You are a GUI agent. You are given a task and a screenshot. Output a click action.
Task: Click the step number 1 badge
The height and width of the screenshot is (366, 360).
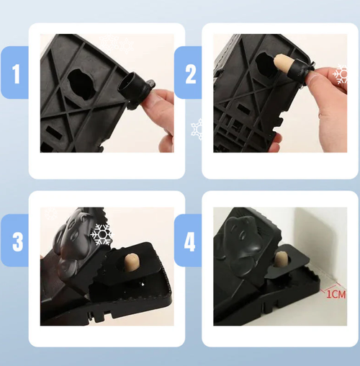pos(14,73)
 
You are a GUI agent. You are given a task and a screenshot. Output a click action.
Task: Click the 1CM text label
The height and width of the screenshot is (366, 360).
pos(335,293)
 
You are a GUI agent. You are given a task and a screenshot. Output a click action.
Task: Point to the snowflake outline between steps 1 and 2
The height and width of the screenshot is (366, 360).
pos(197,130)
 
